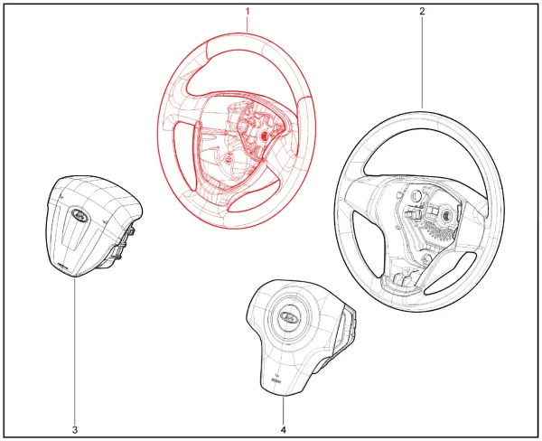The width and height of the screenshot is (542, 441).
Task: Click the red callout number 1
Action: [x=248, y=12]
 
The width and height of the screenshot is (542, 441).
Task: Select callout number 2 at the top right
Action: [x=422, y=11]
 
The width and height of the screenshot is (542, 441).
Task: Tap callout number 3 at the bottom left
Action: [x=75, y=430]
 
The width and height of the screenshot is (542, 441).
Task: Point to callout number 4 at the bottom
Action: [x=284, y=430]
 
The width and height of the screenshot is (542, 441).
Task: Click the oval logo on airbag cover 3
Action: [x=79, y=216]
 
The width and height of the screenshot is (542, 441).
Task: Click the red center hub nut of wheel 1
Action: [x=264, y=136]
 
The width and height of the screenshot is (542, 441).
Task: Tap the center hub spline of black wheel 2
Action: [x=446, y=216]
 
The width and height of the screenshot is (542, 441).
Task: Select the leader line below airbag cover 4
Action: [x=284, y=411]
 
